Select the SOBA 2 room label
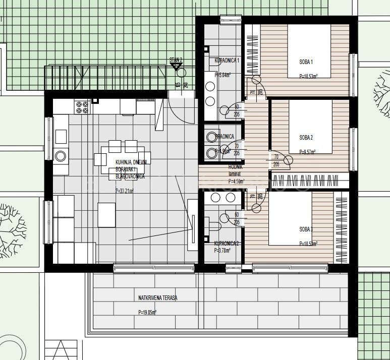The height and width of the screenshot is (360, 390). (306, 137)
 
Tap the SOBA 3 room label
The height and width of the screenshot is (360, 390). (306, 229)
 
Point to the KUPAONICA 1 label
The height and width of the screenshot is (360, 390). (227, 61)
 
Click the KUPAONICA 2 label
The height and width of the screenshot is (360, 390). (227, 243)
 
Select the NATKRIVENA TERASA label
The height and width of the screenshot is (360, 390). (158, 298)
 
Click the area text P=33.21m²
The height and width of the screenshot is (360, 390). (126, 191)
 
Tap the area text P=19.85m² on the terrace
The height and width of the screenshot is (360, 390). (147, 313)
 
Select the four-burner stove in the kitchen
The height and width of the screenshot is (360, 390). (82, 107)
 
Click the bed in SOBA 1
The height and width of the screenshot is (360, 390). (309, 51)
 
